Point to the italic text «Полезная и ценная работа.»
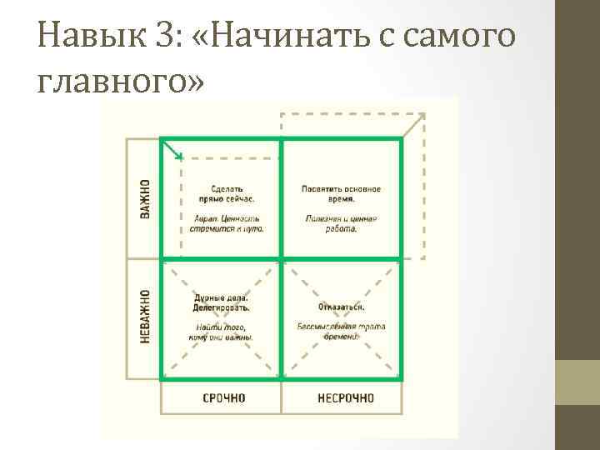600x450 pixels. click(x=341, y=223)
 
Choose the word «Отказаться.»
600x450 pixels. click(x=341, y=307)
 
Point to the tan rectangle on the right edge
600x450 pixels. click(x=577, y=382)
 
